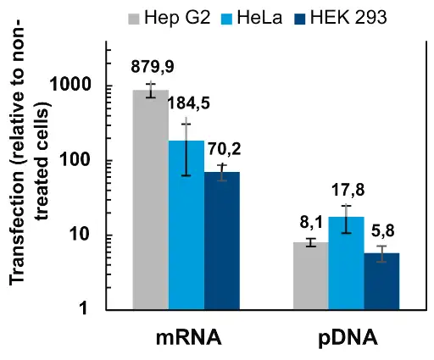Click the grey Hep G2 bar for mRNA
pyautogui.click(x=151, y=199)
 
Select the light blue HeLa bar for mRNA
pyautogui.click(x=186, y=224)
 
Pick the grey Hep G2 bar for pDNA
pyautogui.click(x=310, y=275)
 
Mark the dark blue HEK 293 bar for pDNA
pyautogui.click(x=381, y=280)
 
